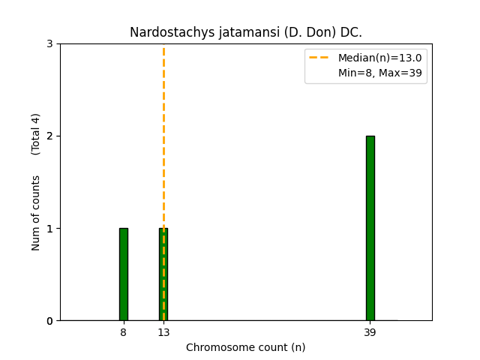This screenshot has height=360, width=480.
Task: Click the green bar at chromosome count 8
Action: [x=123, y=274]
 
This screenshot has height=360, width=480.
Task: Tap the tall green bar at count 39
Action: [x=370, y=228]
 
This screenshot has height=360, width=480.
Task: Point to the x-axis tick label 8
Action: [x=123, y=332]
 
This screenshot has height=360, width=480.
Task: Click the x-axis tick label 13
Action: [x=163, y=332]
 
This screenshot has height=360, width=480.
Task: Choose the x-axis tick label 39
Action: [x=370, y=332]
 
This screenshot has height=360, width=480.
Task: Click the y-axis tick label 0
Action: [x=49, y=321]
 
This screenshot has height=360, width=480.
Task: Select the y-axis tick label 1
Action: [x=49, y=229]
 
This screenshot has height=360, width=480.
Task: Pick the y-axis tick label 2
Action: [x=49, y=136]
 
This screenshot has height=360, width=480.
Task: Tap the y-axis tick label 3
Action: [x=49, y=44]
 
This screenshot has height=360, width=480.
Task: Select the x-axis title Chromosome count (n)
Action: [x=246, y=347]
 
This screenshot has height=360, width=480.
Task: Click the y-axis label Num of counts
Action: [x=36, y=212]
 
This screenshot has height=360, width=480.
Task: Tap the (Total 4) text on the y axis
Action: [x=36, y=134]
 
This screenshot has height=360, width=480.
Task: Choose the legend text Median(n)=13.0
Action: [x=379, y=58]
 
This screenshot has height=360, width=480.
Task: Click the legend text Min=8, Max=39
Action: [x=379, y=73]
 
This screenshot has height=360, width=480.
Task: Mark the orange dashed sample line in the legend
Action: [x=320, y=58]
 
